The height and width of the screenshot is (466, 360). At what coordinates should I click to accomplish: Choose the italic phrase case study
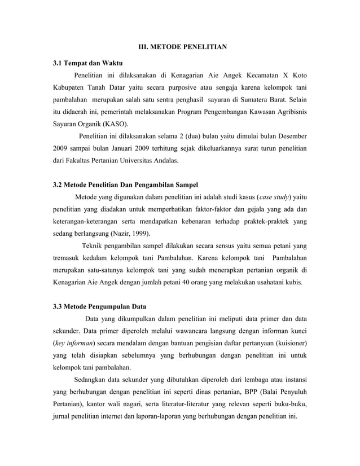(x=274, y=197)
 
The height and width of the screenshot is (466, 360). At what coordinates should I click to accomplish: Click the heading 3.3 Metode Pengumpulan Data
(x=99, y=307)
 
